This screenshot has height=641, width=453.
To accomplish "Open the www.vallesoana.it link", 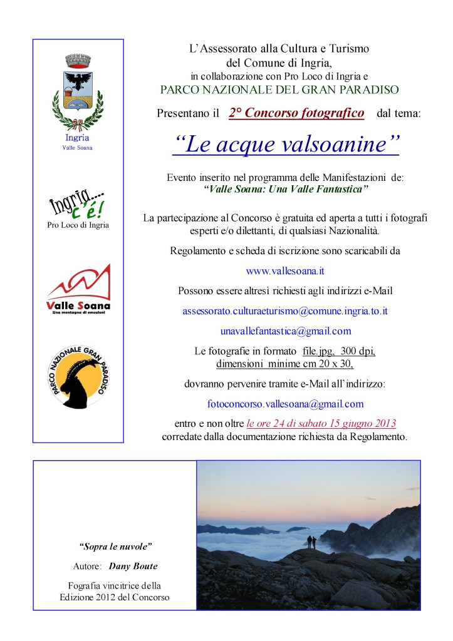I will click(x=285, y=271).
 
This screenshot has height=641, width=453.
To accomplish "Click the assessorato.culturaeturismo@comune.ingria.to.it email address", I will click(x=285, y=310).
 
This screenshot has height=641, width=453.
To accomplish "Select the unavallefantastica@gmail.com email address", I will click(x=286, y=331).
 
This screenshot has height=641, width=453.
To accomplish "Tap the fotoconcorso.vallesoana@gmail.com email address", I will click(x=285, y=404).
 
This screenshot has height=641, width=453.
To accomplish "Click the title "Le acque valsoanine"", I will click(x=286, y=144).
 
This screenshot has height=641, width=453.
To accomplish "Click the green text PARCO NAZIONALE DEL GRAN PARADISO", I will click(x=279, y=90).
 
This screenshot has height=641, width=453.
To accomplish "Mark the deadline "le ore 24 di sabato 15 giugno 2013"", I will click(x=321, y=423).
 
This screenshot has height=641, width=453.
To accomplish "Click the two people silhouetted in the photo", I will click(x=310, y=541).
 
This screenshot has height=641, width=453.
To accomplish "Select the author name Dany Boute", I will click(x=133, y=567).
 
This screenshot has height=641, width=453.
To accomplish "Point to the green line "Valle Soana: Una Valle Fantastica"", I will click(x=286, y=188).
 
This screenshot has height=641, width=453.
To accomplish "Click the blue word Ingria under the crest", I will click(x=77, y=137).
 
